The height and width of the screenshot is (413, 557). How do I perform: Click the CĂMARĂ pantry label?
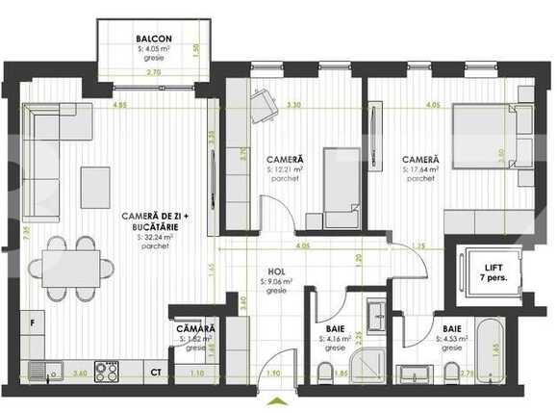click(196, 329)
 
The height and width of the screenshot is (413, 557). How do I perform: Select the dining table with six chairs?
click(70, 267)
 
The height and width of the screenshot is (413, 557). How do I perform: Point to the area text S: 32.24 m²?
click(155, 236)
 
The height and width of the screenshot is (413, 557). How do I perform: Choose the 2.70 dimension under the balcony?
click(153, 71)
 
